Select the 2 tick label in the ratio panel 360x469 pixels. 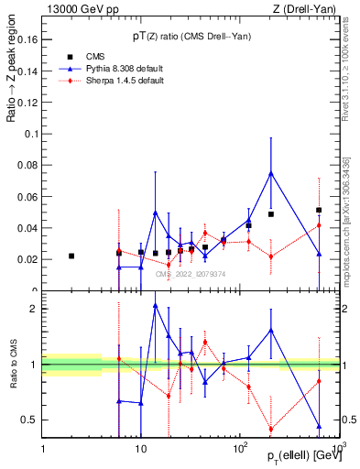pyautogui.click(x=34, y=309)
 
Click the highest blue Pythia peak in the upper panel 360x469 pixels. pyautogui.click(x=271, y=173)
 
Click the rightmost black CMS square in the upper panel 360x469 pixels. pyautogui.click(x=319, y=210)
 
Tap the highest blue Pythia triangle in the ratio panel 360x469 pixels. pyautogui.click(x=156, y=305)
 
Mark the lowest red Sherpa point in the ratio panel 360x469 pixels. pyautogui.click(x=271, y=429)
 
